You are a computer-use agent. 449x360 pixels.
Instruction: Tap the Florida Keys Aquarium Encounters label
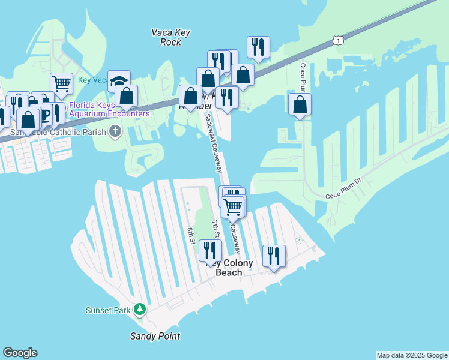point(109,109)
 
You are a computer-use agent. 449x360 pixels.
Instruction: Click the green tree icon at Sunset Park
point(140,310)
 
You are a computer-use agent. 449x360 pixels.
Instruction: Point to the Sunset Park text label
point(108,310)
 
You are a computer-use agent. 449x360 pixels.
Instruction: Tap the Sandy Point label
point(155,336)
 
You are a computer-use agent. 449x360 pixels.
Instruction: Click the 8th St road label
point(191,236)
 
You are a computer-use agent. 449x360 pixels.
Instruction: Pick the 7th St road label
point(215,229)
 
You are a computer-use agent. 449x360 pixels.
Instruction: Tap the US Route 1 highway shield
point(339,40)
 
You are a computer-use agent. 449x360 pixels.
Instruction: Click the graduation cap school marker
point(119,81)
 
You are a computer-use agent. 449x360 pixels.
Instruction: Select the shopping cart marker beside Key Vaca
point(61,83)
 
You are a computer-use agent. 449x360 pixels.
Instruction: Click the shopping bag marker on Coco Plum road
point(300,104)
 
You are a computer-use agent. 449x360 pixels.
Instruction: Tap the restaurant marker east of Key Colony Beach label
point(274,256)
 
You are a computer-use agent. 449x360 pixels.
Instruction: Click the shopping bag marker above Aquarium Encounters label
point(127,95)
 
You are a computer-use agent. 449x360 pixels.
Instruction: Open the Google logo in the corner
point(20,353)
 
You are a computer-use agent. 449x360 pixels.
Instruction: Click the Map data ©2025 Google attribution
point(412,355)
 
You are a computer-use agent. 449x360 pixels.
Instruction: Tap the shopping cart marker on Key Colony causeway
point(233,207)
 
